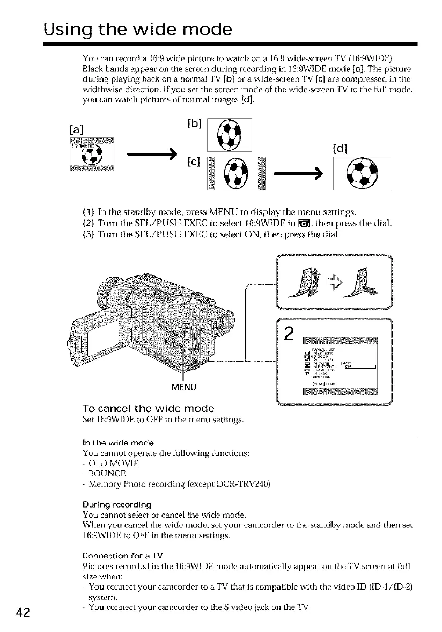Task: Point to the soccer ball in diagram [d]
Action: pos(363,173)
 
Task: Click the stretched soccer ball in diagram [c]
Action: pos(235,173)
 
